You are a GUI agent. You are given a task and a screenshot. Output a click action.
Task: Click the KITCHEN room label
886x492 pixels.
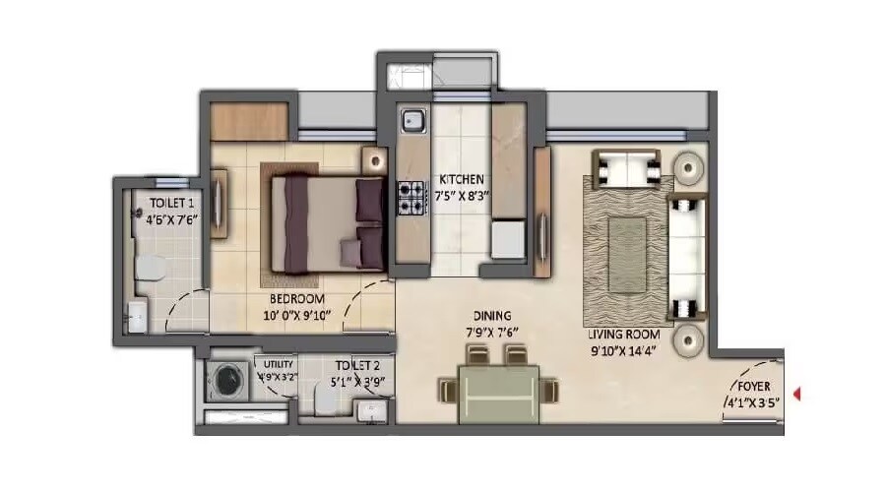(x=461, y=179)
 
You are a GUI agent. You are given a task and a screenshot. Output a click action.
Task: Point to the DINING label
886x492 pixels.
(x=489, y=317)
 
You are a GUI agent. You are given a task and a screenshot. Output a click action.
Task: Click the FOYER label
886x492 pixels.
(x=754, y=387)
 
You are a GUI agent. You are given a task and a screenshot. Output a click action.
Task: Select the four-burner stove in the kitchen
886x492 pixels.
(x=410, y=198)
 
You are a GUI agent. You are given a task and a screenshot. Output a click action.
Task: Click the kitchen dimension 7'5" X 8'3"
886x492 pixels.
(x=461, y=195)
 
